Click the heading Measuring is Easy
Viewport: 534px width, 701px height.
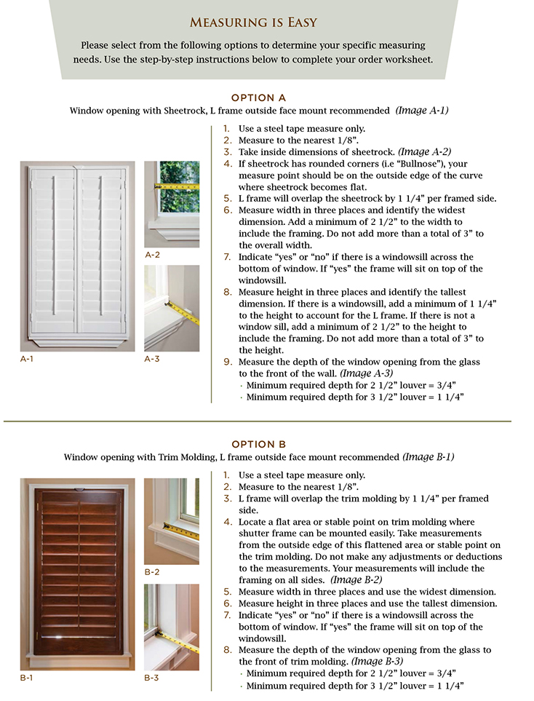(x=266, y=22)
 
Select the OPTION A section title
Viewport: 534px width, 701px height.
(x=258, y=98)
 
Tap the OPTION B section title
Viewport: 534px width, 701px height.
(x=258, y=444)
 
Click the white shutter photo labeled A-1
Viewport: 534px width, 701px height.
(x=77, y=256)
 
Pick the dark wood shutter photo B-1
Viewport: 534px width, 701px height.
(x=77, y=574)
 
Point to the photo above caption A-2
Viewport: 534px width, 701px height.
(x=172, y=205)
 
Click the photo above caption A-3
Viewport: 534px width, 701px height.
(x=172, y=308)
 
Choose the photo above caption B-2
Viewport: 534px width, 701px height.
(x=172, y=520)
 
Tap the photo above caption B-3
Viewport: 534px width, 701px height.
(x=172, y=627)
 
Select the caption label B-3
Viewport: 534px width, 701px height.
(x=152, y=678)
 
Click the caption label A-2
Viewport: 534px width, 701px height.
(x=152, y=256)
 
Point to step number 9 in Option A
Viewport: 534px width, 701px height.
(x=227, y=362)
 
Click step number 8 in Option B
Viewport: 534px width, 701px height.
(x=227, y=650)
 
